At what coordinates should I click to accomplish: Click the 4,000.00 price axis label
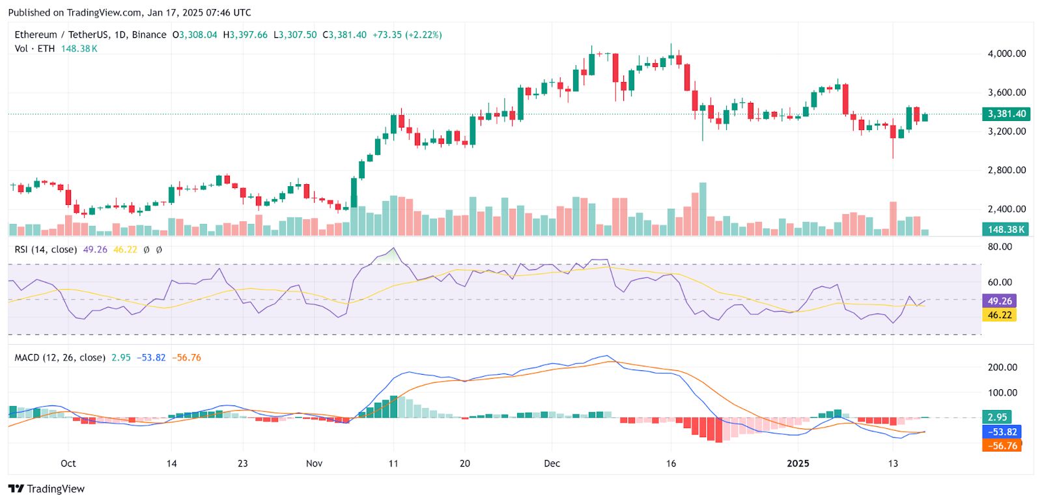click(1006, 53)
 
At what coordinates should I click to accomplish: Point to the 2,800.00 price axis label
click(1006, 170)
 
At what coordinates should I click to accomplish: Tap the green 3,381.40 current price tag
click(1006, 114)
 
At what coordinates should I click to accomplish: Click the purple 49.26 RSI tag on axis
click(999, 301)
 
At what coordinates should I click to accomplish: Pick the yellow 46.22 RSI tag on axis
click(999, 315)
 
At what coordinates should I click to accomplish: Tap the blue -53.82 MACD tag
click(1002, 431)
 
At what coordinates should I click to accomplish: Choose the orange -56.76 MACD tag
click(1002, 446)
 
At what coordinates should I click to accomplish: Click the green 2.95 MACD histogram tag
click(996, 417)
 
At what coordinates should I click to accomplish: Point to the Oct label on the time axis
click(68, 463)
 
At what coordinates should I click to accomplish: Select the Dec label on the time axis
click(552, 463)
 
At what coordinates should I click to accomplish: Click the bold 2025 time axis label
click(798, 463)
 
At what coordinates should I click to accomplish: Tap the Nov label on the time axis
click(314, 463)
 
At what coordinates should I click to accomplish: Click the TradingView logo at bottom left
click(46, 489)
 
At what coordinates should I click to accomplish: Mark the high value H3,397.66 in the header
click(245, 34)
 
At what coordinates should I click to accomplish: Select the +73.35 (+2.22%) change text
click(407, 34)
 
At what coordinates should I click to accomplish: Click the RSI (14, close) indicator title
click(46, 249)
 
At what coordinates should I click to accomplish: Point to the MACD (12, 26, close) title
click(60, 357)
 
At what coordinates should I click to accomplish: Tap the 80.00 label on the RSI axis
click(1000, 247)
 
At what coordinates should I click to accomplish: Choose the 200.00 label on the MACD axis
click(1002, 367)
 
